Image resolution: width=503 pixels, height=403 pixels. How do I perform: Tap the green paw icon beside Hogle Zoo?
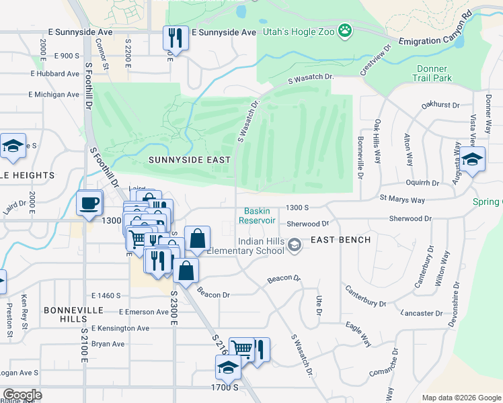[x=345, y=30]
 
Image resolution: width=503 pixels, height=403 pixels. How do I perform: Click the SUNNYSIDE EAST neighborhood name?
[x=189, y=160]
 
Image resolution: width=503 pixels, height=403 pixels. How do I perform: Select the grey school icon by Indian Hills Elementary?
[x=293, y=247]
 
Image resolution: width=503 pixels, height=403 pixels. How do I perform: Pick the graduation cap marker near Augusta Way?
[x=473, y=159]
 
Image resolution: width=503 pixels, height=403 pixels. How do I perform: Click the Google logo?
[x=22, y=395]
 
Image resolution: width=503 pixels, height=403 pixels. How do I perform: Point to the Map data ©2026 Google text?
[x=461, y=398]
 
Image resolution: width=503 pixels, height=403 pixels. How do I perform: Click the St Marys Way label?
[x=402, y=199]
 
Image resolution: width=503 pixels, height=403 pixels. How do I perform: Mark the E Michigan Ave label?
[x=54, y=95]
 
